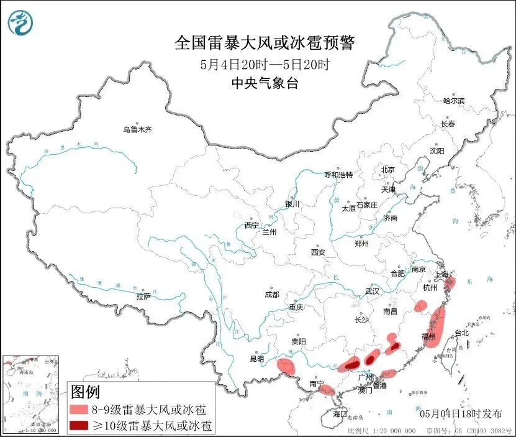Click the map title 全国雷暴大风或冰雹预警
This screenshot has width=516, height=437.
coord(264,43)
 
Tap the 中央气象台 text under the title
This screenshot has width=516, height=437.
coord(264,83)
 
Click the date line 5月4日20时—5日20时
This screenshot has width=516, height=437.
coord(264,63)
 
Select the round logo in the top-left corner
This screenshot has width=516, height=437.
coord(20,23)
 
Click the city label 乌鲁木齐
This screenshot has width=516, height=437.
coord(137,130)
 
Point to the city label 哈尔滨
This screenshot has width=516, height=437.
coord(454,100)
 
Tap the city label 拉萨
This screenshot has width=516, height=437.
coord(143,297)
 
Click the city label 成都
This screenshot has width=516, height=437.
coord(271,294)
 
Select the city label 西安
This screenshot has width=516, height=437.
coord(318,252)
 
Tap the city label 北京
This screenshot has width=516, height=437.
coord(387,170)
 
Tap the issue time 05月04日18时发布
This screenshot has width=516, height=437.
coord(458,413)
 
